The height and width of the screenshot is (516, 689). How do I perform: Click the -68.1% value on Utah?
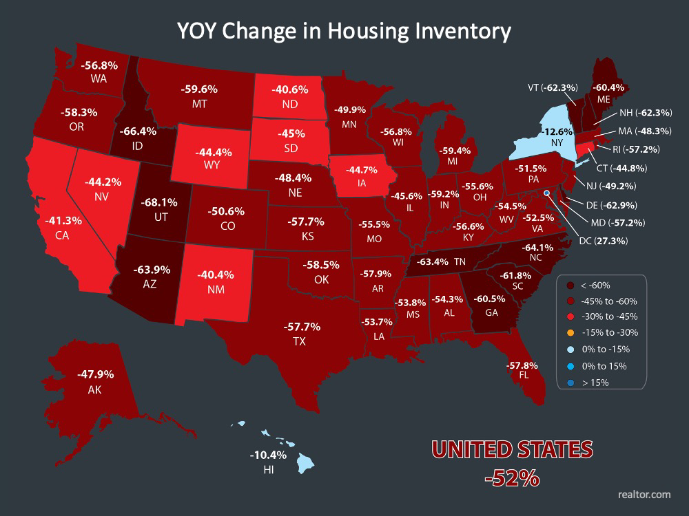click(x=160, y=203)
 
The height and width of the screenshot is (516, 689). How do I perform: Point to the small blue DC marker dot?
click(x=546, y=194)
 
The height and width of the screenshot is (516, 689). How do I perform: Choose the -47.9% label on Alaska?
click(x=96, y=375)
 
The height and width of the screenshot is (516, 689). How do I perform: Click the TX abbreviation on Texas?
click(x=299, y=341)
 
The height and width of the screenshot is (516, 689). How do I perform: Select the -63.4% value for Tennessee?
click(x=432, y=261)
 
